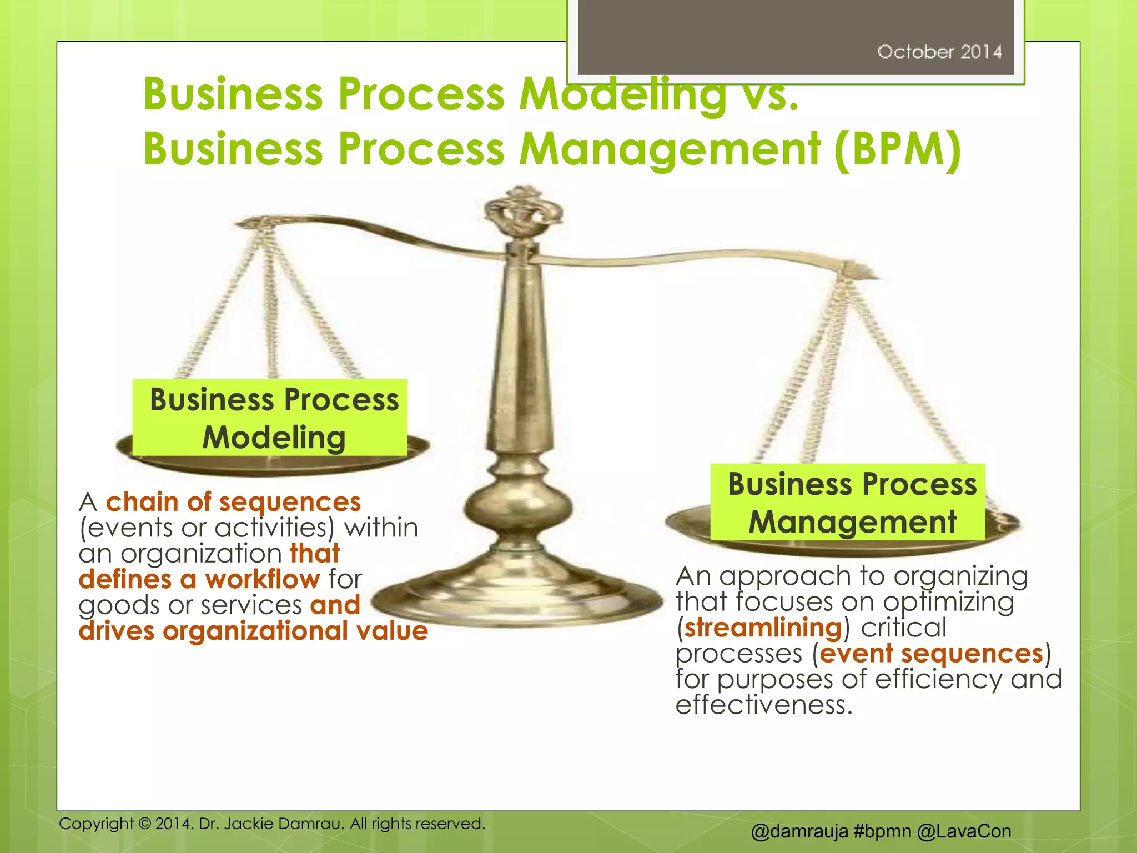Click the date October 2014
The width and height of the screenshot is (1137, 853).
[x=939, y=52]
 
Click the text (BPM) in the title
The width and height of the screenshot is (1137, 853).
[x=898, y=149]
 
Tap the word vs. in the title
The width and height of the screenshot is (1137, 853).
[x=769, y=94]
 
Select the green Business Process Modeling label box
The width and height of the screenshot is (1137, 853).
[x=270, y=418]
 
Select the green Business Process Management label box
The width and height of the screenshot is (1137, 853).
[x=848, y=502]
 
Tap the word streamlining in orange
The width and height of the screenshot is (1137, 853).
[x=763, y=628]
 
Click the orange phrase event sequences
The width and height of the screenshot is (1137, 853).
[x=931, y=654]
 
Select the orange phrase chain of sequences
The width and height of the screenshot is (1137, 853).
[x=233, y=503]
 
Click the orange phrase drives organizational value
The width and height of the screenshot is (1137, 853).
[x=253, y=631]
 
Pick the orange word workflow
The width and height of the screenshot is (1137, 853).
[x=262, y=580]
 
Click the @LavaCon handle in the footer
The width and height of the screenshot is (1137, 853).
[x=964, y=831]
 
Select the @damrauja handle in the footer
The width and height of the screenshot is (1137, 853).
[x=799, y=831]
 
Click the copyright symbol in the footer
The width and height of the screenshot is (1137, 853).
[x=145, y=824]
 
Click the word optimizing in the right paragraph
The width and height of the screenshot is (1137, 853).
[x=948, y=603]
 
